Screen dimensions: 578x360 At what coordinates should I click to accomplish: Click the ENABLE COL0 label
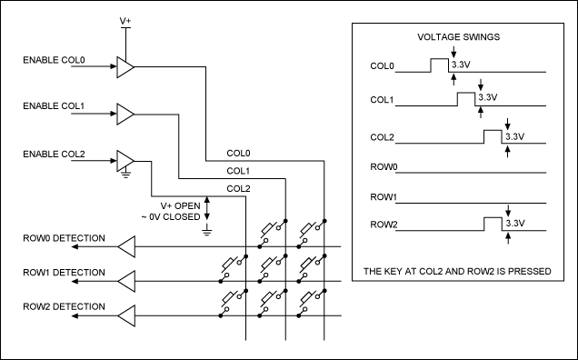[54, 60]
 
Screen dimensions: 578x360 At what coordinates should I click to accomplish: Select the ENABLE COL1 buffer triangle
[125, 115]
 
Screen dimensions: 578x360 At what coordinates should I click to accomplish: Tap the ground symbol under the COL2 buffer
[125, 174]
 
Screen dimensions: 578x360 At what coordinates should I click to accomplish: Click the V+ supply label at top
[125, 21]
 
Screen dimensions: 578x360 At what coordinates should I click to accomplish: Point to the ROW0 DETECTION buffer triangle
[126, 246]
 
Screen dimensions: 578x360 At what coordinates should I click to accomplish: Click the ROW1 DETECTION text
[64, 273]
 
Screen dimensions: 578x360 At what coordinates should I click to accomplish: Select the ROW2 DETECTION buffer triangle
[126, 315]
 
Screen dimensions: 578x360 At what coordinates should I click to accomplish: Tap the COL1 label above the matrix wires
[238, 171]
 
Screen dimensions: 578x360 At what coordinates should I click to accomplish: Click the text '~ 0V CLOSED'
[171, 217]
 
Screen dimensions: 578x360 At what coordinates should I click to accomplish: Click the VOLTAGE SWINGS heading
[459, 37]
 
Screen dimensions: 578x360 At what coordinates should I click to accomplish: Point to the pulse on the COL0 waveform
[440, 65]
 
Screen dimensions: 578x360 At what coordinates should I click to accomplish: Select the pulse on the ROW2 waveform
[493, 224]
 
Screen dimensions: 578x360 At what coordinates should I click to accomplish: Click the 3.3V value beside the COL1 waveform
[488, 97]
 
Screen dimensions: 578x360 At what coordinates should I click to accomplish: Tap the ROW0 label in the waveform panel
[384, 167]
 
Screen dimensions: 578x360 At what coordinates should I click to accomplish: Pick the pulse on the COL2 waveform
[493, 136]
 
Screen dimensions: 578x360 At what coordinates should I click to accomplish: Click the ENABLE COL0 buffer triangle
[125, 67]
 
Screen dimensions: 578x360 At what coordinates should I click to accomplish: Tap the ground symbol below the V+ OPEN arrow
[207, 231]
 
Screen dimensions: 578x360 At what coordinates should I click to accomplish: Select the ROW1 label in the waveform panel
[384, 197]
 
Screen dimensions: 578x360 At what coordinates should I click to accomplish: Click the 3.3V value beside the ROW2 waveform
[515, 224]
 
